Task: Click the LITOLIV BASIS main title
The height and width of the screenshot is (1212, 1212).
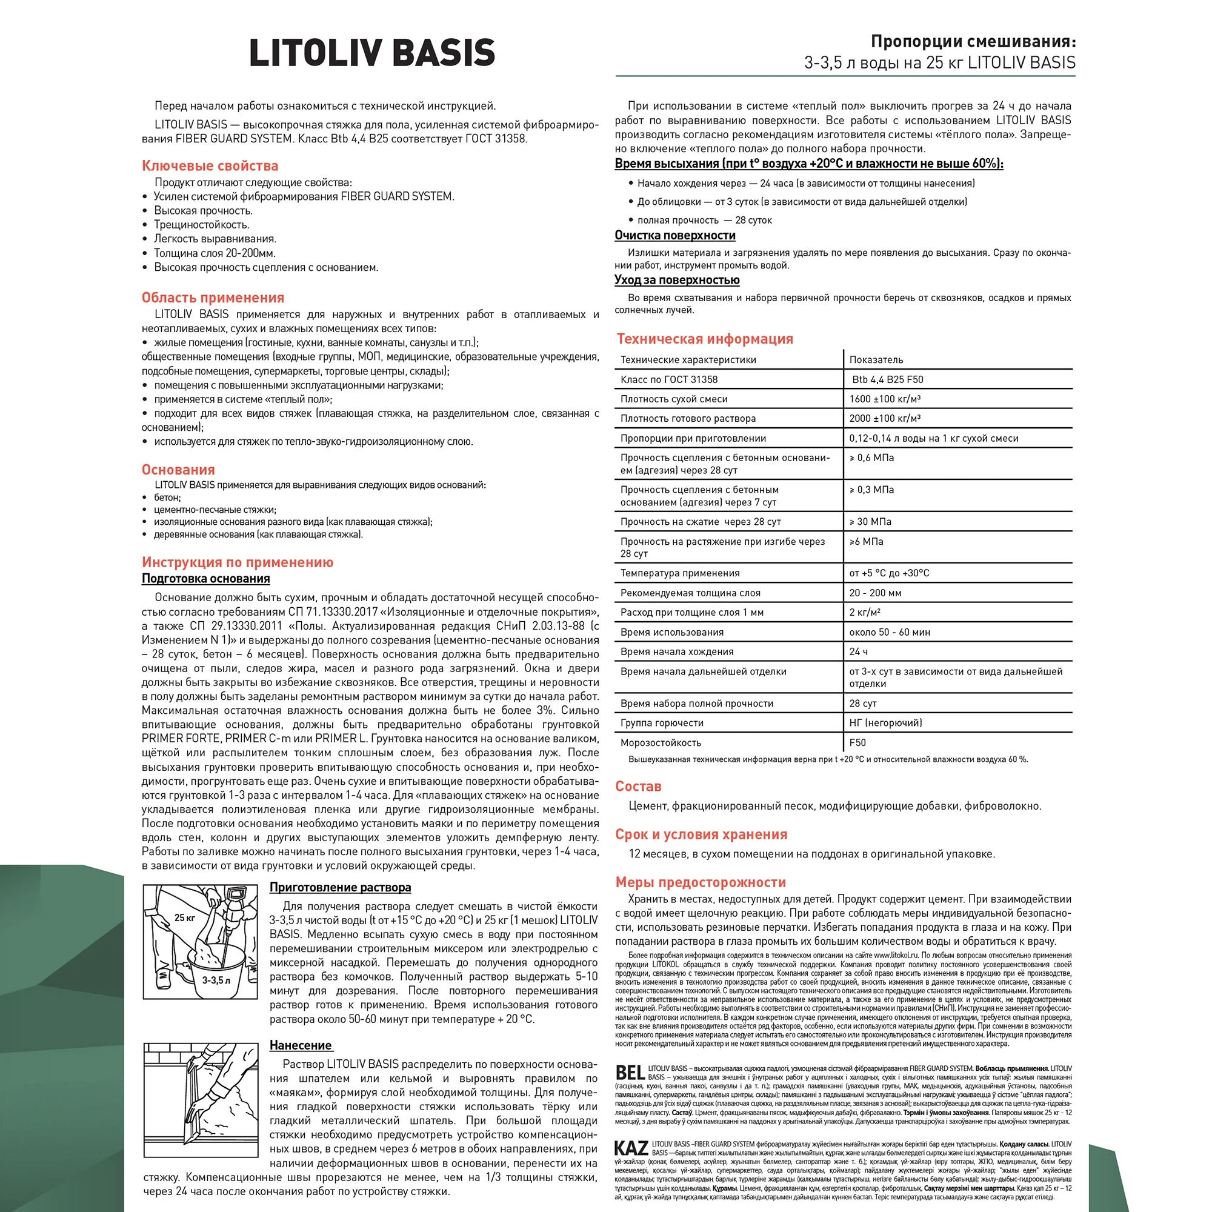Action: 372,53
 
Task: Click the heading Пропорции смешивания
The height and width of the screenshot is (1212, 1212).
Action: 973,42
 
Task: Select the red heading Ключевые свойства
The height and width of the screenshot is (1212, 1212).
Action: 210,165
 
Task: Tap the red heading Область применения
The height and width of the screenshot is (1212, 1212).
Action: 213,298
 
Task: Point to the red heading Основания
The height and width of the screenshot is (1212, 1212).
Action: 178,469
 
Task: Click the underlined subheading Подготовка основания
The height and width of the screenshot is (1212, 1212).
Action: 206,578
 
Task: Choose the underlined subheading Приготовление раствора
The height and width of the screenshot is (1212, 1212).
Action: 340,887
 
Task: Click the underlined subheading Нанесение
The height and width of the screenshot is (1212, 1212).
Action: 301,1045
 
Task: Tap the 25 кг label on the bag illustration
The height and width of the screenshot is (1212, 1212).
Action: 184,917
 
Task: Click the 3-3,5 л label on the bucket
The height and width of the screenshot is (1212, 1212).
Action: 216,980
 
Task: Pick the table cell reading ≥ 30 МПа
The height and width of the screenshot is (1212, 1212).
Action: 870,521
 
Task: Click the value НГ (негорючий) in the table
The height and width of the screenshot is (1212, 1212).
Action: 885,723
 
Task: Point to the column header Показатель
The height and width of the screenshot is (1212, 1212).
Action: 876,359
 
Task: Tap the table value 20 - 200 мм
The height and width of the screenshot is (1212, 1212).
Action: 875,593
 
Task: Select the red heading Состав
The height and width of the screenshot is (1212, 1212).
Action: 638,786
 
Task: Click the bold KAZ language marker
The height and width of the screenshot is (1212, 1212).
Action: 631,1148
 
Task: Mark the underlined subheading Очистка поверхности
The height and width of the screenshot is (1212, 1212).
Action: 675,235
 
